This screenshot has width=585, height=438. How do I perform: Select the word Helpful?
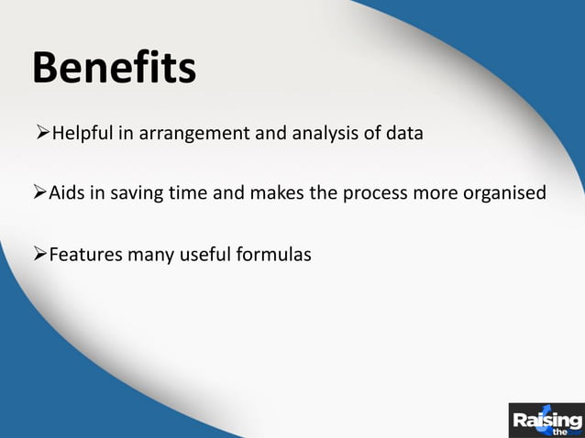tap(83, 134)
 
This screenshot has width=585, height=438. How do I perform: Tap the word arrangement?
tap(187, 135)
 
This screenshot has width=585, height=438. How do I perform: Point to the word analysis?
tap(319, 134)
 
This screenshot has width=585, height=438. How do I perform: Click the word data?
tap(403, 134)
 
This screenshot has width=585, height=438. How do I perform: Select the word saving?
tap(139, 194)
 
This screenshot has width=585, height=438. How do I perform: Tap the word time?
tap(194, 193)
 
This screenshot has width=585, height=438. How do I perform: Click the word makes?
tap(282, 193)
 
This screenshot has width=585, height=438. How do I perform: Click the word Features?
tap(84, 253)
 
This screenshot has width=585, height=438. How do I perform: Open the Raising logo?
tap(546, 421)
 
